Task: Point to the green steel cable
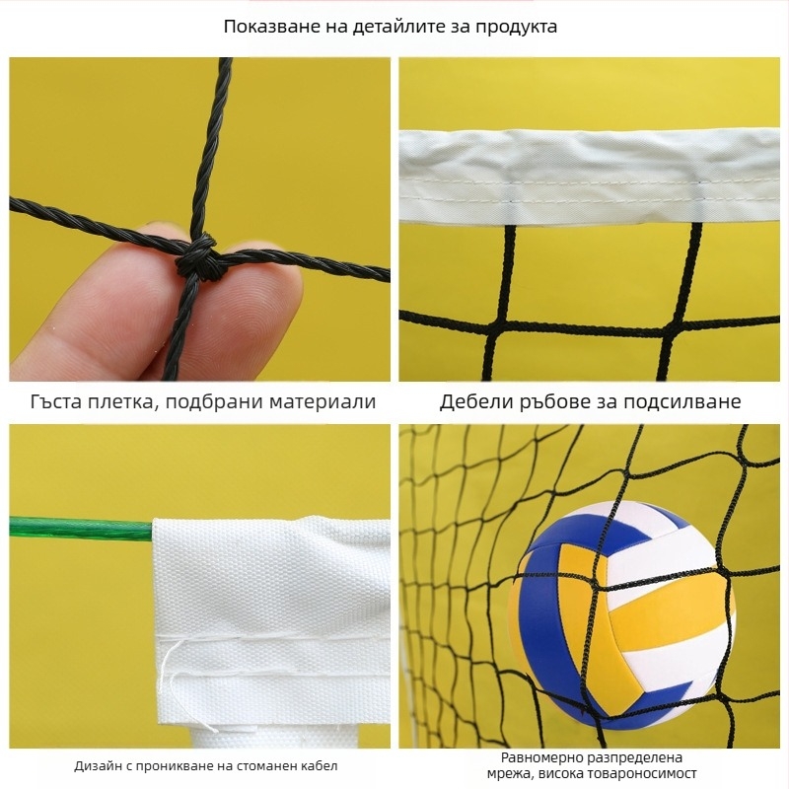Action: [x=81, y=529]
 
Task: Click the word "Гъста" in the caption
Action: [x=55, y=401]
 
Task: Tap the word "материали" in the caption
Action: [x=323, y=401]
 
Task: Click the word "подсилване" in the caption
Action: [x=681, y=402]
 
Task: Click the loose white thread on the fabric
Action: [x=182, y=680]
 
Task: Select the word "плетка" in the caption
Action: [x=119, y=401]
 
